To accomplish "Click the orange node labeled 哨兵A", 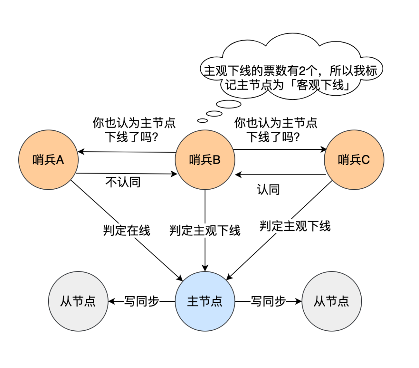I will point(48,159).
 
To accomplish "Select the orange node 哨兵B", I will point(205,159).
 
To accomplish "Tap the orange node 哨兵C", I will point(354,159).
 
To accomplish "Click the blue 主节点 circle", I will point(205,301).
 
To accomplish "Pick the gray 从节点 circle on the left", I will point(78,301).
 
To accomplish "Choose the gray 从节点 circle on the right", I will point(331,301).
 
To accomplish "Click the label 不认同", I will point(123,183).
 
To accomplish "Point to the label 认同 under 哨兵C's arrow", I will point(268,190).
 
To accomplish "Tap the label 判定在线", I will point(126,230).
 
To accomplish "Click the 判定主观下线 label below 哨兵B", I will point(205,230).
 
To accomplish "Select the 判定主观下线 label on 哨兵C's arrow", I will point(295,226).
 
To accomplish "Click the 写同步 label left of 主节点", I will point(142,301).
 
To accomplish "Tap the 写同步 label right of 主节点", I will point(268,301).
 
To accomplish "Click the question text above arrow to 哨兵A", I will point(133,130).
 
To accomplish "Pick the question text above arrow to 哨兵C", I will point(275,130).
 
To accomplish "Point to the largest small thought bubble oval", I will point(229,104).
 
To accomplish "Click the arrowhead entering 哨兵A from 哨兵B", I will point(80,151).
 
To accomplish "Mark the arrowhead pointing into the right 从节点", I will point(299,301).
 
